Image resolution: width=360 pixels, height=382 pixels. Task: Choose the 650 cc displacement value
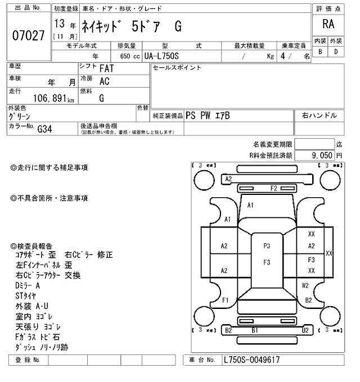pyautogui.click(x=130, y=56)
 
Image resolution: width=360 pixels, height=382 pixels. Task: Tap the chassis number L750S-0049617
pyautogui.click(x=251, y=360)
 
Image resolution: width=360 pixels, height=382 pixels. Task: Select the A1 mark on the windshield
pyautogui.click(x=250, y=206)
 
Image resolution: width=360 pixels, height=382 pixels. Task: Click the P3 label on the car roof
pyautogui.click(x=267, y=245)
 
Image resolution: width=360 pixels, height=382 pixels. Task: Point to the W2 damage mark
pyautogui.click(x=305, y=285)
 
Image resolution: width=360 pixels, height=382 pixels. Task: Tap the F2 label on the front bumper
pyautogui.click(x=274, y=188)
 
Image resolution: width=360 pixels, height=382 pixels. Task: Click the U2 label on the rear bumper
pyautogui.click(x=305, y=331)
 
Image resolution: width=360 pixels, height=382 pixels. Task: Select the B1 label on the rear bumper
pyautogui.click(x=255, y=331)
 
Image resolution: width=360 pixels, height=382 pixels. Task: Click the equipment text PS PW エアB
pyautogui.click(x=208, y=116)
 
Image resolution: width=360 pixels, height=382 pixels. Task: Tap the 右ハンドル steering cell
pyautogui.click(x=319, y=116)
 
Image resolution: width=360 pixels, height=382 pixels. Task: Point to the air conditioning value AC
pyautogui.click(x=104, y=81)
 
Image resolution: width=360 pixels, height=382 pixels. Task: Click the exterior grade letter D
pyautogui.click(x=336, y=52)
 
